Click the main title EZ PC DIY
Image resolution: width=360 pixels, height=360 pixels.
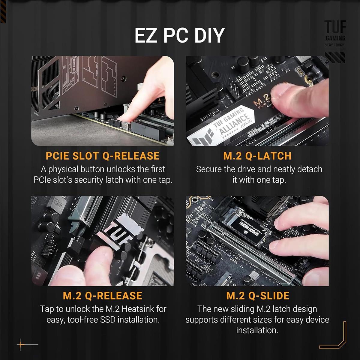(179, 35)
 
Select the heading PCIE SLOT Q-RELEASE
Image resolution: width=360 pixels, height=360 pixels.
(103, 156)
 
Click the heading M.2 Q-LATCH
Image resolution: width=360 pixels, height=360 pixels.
(257, 156)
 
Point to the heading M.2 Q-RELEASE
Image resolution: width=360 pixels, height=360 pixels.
(103, 295)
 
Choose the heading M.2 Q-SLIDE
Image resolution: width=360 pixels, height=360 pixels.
(258, 295)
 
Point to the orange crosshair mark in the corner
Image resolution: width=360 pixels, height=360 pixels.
(21, 344)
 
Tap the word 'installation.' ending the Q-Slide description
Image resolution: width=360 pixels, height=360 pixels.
(257, 330)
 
